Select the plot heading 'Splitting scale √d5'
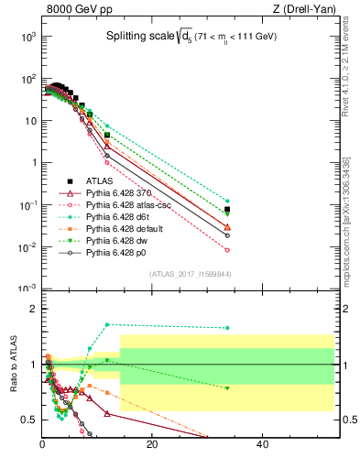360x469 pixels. point(188,38)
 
